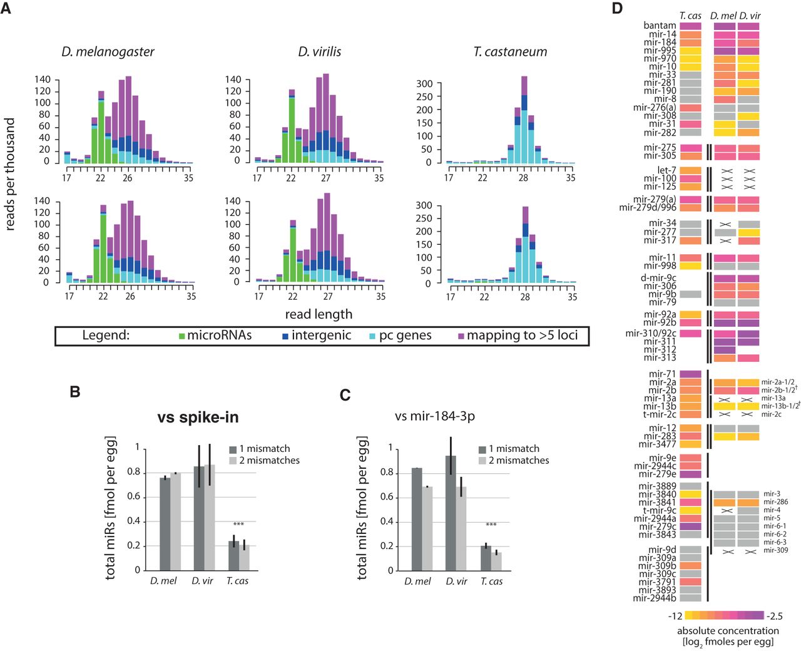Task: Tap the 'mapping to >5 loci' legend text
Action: point(522,336)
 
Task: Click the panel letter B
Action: point(75,392)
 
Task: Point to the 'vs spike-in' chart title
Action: point(198,417)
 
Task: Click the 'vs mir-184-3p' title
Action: point(435,416)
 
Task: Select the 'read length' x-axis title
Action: point(319,314)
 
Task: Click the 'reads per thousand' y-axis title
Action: point(10,174)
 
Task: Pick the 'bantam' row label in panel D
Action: point(660,26)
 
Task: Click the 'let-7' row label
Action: point(666,170)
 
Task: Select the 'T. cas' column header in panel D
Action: point(690,16)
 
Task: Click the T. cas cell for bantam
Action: point(690,26)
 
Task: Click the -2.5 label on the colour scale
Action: point(775,616)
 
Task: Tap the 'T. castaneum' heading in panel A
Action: point(510,52)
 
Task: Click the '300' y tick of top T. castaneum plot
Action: point(424,84)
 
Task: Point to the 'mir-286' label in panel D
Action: point(775,502)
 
